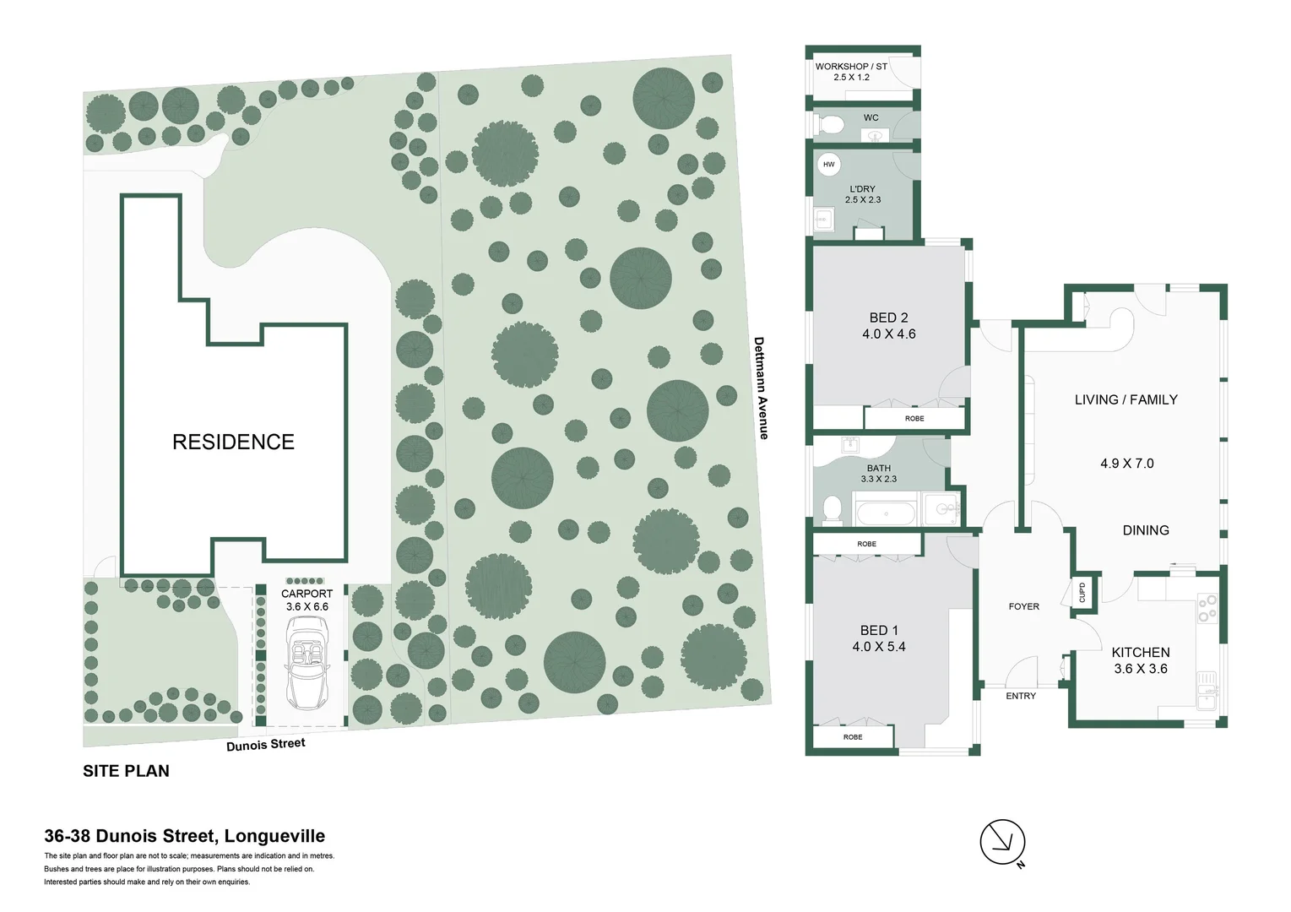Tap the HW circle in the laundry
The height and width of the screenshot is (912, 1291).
click(828, 165)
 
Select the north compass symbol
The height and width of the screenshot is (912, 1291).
click(1002, 841)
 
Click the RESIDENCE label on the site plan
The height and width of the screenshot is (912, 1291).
click(233, 442)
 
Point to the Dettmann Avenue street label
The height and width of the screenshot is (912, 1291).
click(761, 388)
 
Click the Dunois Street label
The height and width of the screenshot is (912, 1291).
click(265, 745)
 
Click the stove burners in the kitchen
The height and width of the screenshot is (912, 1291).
click(1207, 608)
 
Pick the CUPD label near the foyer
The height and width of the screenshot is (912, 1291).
click(1082, 592)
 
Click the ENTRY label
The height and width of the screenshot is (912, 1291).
click(1021, 696)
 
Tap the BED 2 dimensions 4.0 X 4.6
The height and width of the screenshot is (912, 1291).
click(888, 334)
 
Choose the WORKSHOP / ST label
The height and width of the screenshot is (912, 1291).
click(851, 66)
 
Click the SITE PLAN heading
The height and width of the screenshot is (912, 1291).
click(126, 771)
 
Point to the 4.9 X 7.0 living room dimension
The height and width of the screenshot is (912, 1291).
click(1126, 464)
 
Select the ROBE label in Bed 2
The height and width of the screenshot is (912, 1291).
click(914, 418)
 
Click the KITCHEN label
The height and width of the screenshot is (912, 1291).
click(1140, 652)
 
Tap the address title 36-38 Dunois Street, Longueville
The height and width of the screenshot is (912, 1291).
click(184, 836)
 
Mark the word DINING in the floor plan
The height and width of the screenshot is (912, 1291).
click(1145, 530)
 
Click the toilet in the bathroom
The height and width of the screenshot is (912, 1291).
click(833, 510)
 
